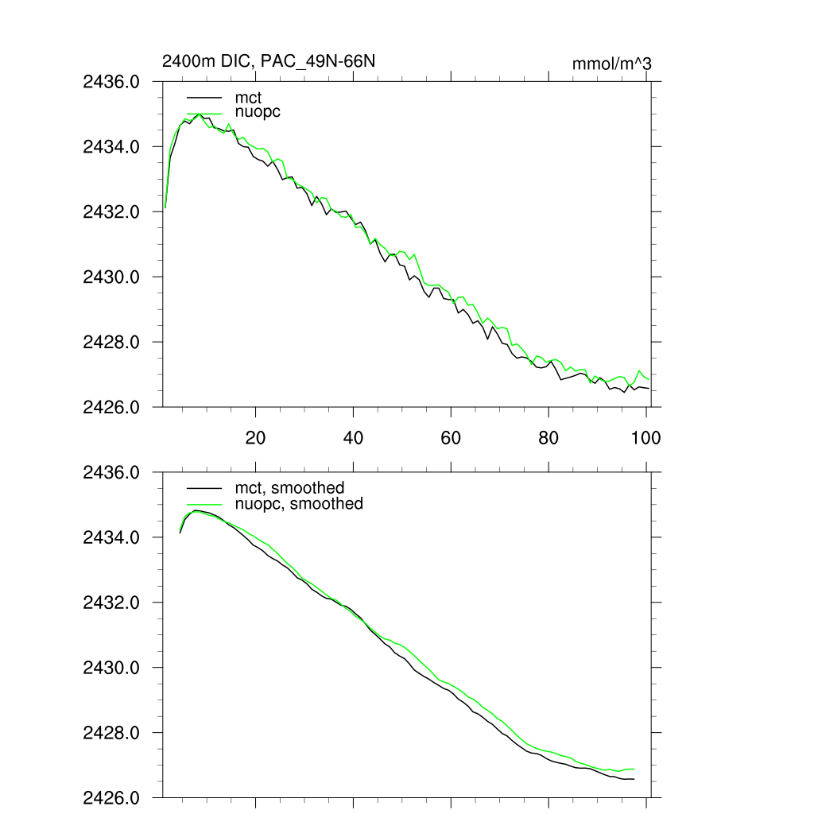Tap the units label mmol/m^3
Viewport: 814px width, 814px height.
click(x=611, y=64)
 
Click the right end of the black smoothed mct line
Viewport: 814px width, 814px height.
click(x=634, y=779)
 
